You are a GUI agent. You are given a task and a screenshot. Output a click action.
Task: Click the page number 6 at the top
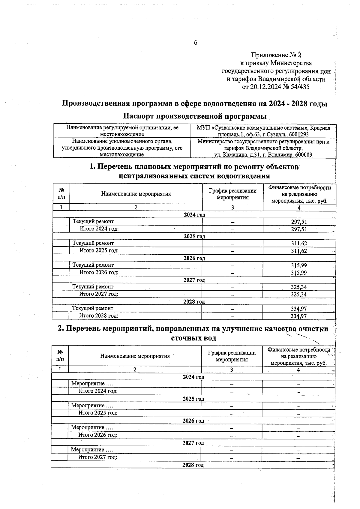196,43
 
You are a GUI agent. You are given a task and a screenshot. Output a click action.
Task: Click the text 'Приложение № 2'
276,55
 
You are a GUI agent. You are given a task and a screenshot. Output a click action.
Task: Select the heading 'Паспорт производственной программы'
195,116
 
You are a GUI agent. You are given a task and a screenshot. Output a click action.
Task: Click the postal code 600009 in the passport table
303,155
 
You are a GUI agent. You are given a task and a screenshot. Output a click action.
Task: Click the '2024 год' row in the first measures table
194,215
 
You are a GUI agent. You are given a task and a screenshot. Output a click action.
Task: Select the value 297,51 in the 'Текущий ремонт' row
299,222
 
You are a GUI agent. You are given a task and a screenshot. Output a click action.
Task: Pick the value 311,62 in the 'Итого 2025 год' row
299,251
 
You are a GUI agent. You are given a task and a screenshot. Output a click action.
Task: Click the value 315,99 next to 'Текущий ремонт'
299,265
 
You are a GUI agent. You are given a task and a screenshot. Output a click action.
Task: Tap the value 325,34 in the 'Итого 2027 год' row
299,295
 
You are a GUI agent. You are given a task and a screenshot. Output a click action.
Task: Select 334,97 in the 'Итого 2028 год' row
299,316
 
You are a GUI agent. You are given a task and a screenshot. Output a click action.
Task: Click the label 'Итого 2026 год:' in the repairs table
99,272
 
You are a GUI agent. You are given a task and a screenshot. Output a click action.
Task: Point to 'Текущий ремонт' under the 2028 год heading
93,308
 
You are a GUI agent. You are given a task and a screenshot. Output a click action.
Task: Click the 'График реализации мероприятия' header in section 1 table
232,194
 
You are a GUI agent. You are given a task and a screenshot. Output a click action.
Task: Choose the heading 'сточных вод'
193,338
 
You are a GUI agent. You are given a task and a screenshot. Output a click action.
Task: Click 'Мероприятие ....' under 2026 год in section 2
92,427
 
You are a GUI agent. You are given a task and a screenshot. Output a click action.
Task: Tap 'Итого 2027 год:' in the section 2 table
97,457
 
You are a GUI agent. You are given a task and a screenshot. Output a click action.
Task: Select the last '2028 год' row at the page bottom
193,465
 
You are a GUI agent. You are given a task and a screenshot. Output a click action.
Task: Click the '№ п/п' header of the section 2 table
60,356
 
